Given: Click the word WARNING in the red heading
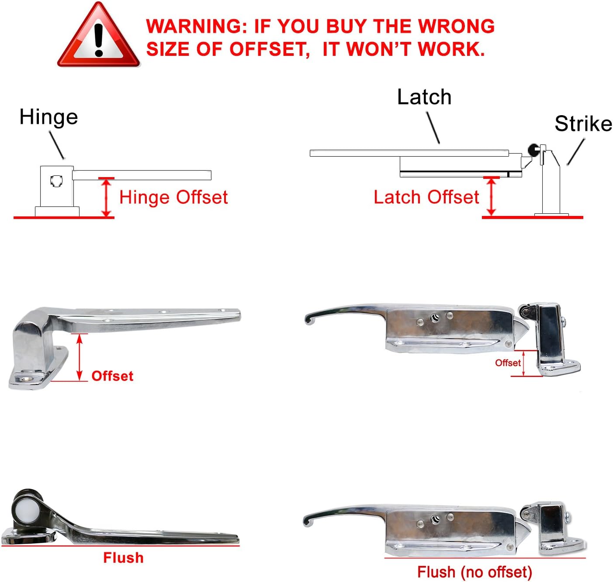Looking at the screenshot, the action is pyautogui.click(x=196, y=26).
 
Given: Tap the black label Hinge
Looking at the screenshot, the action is pyautogui.click(x=48, y=118).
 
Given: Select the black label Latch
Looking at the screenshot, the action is pyautogui.click(x=424, y=97).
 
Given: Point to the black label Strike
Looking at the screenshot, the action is pyautogui.click(x=583, y=123).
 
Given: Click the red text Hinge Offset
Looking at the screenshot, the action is pyautogui.click(x=173, y=198).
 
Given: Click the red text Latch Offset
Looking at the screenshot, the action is pyautogui.click(x=426, y=197).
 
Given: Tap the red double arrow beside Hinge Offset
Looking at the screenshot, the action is pyautogui.click(x=106, y=197).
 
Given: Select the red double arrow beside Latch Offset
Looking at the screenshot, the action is pyautogui.click(x=491, y=196).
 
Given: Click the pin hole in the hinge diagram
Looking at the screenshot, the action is pyautogui.click(x=56, y=181).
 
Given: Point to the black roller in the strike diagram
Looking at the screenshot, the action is pyautogui.click(x=533, y=150).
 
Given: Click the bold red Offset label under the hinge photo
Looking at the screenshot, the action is pyautogui.click(x=112, y=376).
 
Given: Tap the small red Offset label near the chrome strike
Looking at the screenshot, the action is pyautogui.click(x=508, y=363).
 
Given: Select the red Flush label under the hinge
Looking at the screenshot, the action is pyautogui.click(x=124, y=558).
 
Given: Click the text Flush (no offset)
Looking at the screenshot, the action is pyautogui.click(x=474, y=572).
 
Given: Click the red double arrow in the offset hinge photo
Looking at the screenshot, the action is pyautogui.click(x=80, y=357).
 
